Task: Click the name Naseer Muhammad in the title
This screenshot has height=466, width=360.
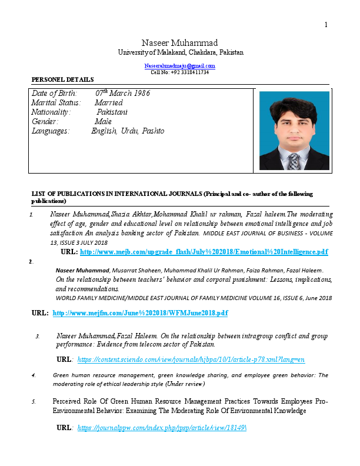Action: click(180, 43)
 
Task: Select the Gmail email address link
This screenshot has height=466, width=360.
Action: click(180, 65)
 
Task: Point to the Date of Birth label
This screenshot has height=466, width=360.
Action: click(55, 93)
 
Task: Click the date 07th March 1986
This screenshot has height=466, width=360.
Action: click(122, 93)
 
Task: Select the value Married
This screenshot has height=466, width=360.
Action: click(108, 102)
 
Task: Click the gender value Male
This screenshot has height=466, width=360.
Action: click(103, 121)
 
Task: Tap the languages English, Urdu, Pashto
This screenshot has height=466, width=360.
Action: click(128, 131)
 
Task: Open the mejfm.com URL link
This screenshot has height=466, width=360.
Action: click(140, 312)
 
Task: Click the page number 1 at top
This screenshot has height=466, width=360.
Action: click(326, 24)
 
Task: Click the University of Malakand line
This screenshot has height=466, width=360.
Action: click(180, 52)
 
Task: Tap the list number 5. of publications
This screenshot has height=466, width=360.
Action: click(34, 401)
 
